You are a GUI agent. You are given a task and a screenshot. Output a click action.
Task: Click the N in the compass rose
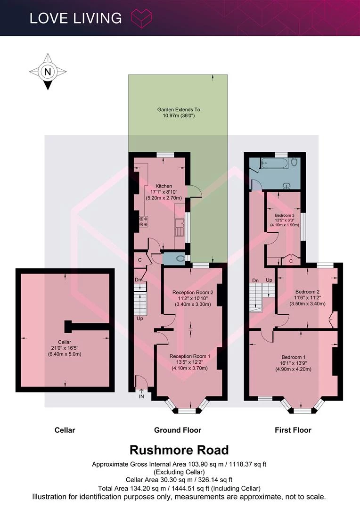pyautogui.click(x=48, y=72)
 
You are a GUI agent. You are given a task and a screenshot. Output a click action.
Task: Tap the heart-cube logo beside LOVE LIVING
pyautogui.click(x=141, y=18)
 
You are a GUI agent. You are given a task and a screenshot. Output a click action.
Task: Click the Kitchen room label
pyautogui.click(x=164, y=186)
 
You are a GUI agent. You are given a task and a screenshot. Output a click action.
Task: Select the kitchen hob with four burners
pyautogui.click(x=143, y=222)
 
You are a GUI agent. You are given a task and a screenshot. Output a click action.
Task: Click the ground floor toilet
pyautogui.click(x=180, y=258)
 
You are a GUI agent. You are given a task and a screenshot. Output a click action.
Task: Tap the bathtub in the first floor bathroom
pyautogui.click(x=275, y=163)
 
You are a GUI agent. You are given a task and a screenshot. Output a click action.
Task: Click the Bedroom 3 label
pyautogui.click(x=284, y=215)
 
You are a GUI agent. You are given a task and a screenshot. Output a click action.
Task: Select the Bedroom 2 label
pyautogui.click(x=307, y=292)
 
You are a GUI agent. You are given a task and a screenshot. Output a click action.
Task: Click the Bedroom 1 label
pyautogui.click(x=294, y=357)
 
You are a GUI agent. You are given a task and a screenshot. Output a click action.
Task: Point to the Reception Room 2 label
pyautogui.click(x=193, y=293)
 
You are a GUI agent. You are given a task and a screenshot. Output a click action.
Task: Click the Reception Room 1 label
pyautogui.click(x=189, y=356)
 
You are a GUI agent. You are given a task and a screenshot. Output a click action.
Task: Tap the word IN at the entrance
pyautogui.click(x=141, y=396)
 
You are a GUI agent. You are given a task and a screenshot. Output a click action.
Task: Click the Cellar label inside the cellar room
pyautogui.click(x=65, y=342)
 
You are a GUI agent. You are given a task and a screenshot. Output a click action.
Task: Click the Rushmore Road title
pyautogui.click(x=179, y=450)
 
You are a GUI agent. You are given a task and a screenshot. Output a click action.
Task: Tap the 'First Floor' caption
pyautogui.click(x=293, y=430)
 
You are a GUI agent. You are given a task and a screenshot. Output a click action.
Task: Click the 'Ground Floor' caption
pyautogui.click(x=178, y=430)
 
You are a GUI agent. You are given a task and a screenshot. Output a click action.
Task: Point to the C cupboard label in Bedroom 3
pyautogui.click(x=291, y=261)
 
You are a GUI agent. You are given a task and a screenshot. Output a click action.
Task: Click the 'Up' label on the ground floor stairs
pyautogui.click(x=140, y=319)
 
